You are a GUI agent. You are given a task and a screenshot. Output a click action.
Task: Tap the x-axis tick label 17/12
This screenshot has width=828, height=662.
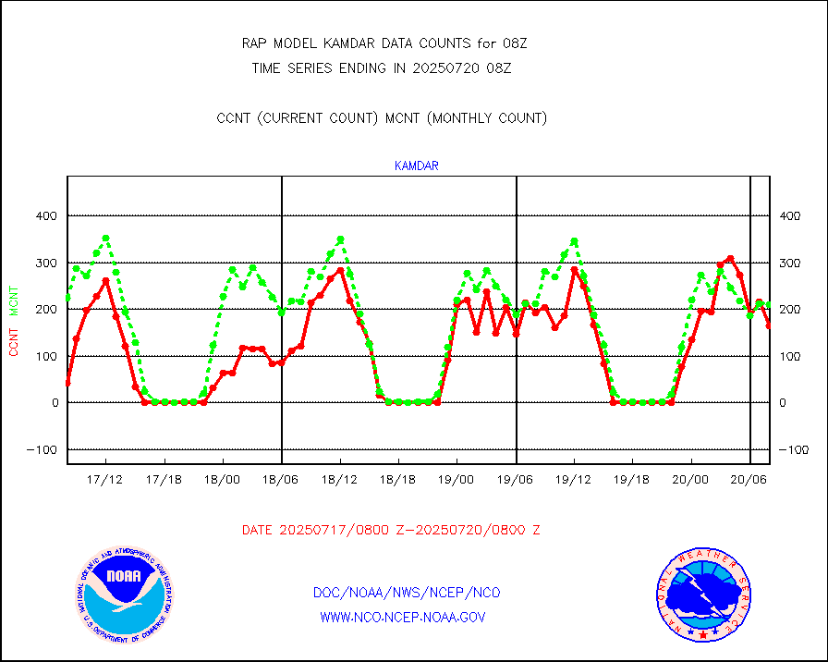point(105,479)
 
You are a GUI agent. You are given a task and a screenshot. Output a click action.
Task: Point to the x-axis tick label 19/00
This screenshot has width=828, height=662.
point(457,479)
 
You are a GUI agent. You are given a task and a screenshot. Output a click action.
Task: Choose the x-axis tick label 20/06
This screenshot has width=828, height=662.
point(749,479)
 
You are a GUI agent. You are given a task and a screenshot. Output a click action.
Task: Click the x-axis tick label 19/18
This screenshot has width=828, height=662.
point(632,479)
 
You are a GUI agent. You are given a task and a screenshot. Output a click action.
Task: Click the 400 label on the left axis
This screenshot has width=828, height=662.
point(47,216)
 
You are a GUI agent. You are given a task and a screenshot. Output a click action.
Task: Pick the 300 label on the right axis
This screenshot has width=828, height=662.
point(790,263)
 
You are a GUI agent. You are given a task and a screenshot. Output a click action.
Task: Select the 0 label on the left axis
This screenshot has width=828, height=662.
point(55,403)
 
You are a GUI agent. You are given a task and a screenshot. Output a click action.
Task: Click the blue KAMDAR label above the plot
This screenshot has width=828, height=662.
point(416,166)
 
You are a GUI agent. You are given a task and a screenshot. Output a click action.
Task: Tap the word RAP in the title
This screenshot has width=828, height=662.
point(254,43)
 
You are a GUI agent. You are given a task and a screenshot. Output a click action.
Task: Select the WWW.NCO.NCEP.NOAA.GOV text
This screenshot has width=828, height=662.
point(402,617)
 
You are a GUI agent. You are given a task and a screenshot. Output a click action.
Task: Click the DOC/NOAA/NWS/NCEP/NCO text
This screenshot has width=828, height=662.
point(407,593)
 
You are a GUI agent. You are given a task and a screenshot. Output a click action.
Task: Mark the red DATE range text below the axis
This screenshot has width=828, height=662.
point(391,530)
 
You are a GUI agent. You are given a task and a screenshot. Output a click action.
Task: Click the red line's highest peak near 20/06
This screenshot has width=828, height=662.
point(730,258)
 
